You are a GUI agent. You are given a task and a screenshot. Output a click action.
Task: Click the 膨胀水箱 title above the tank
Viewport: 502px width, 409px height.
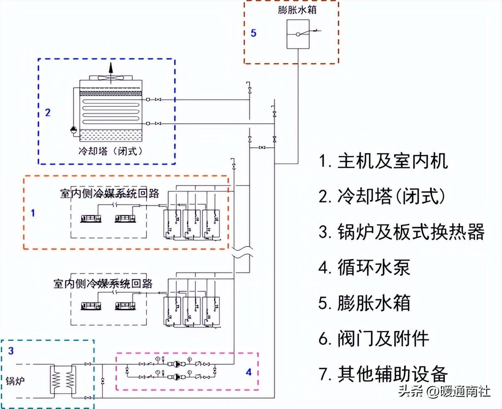click(297, 10)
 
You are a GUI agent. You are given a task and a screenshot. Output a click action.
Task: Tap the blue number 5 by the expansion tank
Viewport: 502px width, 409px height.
click(253, 33)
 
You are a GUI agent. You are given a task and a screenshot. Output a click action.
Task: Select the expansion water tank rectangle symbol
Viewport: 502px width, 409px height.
click(298, 34)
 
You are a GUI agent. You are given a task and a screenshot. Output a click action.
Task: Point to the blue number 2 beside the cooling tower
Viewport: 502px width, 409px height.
click(48, 112)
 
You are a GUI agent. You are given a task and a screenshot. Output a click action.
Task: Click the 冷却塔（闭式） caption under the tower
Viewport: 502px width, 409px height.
click(111, 151)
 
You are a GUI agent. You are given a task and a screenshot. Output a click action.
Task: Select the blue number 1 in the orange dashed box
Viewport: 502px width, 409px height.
click(33, 213)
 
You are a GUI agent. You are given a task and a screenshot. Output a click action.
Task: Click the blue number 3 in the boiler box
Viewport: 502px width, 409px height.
click(11, 351)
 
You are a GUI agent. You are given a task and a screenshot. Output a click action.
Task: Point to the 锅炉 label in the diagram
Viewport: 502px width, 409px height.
click(15, 380)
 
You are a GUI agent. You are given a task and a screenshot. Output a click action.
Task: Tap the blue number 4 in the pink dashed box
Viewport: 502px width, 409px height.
click(249, 372)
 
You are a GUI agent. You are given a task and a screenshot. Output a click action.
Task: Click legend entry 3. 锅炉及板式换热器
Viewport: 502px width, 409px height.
click(402, 232)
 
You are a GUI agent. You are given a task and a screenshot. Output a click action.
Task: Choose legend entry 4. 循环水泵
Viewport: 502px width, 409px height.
click(364, 268)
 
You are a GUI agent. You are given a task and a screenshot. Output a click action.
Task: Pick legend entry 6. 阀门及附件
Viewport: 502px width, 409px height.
click(374, 338)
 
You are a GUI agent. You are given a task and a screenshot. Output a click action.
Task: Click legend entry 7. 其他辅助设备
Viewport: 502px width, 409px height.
click(383, 374)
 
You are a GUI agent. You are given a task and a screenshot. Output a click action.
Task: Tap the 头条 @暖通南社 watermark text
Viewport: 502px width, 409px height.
click(444, 391)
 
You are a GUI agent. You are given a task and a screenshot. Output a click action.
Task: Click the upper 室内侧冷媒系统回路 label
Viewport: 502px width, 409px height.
click(110, 194)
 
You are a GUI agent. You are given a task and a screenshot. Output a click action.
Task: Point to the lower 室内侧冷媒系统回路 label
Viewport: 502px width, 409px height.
click(103, 284)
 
